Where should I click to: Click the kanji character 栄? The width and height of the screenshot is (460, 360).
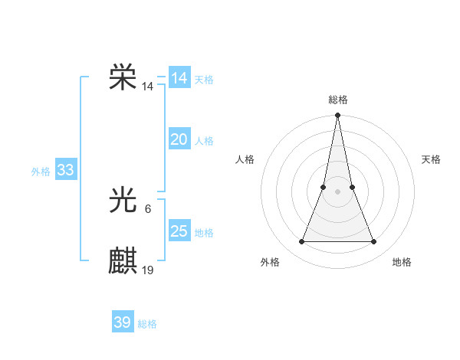pos(123,77)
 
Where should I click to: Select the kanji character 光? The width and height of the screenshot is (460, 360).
pos(123,201)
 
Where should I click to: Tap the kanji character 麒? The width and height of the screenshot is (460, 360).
pos(123,260)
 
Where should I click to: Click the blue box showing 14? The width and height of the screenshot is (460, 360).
pos(179,78)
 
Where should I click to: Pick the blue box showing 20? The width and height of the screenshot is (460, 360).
pos(179,139)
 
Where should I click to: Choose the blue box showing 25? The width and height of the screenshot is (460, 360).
pos(179,231)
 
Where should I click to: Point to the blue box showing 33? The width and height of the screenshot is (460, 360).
pos(65,170)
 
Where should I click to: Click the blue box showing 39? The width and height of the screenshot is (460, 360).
pos(123,322)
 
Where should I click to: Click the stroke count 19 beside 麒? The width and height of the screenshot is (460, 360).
pos(148,270)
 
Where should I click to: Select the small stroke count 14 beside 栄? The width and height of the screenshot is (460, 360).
pos(147,87)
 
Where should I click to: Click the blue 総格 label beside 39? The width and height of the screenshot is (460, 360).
pos(147,324)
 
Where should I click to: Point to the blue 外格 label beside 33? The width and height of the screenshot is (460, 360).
pos(41,172)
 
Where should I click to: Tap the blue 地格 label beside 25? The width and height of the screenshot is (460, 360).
pos(204,233)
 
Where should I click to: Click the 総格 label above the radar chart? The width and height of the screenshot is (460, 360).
pos(337,100)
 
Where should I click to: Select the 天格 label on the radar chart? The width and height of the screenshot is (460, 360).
pos(431,159)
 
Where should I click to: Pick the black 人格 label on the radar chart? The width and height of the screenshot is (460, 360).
pos(245,159)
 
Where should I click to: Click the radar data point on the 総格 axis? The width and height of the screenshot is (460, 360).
pos(337,116)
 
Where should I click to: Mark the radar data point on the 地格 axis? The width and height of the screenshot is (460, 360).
pos(373,242)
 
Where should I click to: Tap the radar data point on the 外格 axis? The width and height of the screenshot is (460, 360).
pos(301,242)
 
